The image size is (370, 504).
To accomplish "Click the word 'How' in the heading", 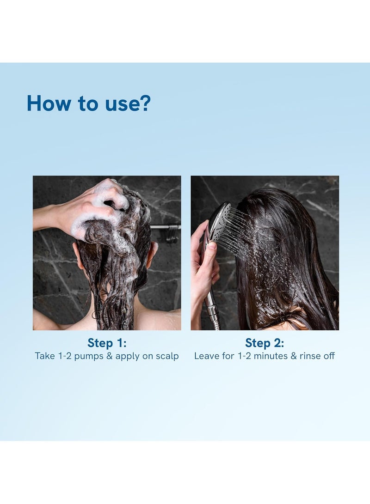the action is pyautogui.click(x=49, y=103).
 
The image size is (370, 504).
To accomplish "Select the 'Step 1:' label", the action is pyautogui.click(x=107, y=343).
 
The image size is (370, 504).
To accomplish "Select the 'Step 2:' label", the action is pyautogui.click(x=265, y=343).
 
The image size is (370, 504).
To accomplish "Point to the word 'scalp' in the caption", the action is pyautogui.click(x=167, y=357).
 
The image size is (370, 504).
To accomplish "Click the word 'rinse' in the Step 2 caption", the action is pyautogui.click(x=310, y=356).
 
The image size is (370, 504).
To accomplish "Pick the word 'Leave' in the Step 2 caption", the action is pyautogui.click(x=206, y=356).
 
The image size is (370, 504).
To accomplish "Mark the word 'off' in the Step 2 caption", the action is pyautogui.click(x=329, y=356).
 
